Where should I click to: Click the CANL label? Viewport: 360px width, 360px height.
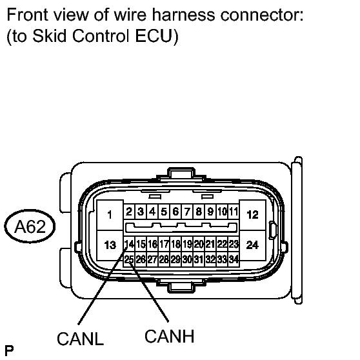pyautogui.click(x=81, y=339)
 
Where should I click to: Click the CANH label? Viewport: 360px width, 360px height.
pyautogui.click(x=170, y=336)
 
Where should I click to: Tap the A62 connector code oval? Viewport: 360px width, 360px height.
pyautogui.click(x=30, y=226)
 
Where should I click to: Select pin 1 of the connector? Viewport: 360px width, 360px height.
pyautogui.click(x=110, y=215)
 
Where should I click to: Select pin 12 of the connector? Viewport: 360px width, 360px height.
pyautogui.click(x=252, y=215)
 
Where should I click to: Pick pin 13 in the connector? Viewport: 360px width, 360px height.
pyautogui.click(x=110, y=245)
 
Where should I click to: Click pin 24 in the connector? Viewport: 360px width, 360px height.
pyautogui.click(x=252, y=245)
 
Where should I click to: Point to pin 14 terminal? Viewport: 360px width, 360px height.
pyautogui.click(x=129, y=244)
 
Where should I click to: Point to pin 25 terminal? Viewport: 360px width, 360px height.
pyautogui.click(x=129, y=259)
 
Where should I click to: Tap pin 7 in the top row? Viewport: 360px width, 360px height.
pyautogui.click(x=187, y=212)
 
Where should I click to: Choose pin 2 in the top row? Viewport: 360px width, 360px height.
pyautogui.click(x=129, y=212)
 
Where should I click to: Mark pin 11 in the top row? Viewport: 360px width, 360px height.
pyautogui.click(x=234, y=212)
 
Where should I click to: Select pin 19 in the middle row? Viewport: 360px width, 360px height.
pyautogui.click(x=187, y=244)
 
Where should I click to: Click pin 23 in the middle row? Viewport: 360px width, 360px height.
pyautogui.click(x=234, y=244)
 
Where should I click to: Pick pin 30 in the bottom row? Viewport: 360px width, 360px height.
pyautogui.click(x=187, y=259)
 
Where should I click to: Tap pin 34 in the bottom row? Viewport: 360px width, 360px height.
pyautogui.click(x=234, y=259)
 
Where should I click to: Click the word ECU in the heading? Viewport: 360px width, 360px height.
pyautogui.click(x=154, y=35)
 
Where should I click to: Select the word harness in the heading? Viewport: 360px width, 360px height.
pyautogui.click(x=184, y=15)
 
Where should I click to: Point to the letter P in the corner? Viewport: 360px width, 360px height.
pyautogui.click(x=9, y=350)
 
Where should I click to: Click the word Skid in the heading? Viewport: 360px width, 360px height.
pyautogui.click(x=50, y=35)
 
